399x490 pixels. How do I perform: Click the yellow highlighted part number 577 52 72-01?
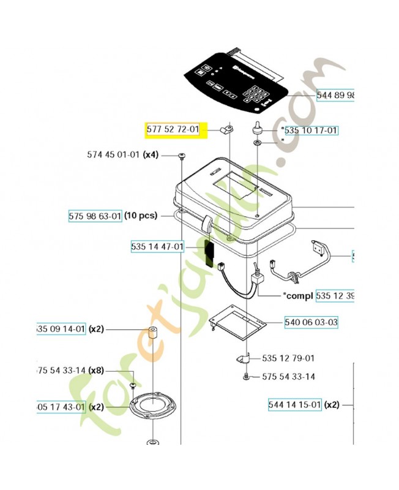[173, 130]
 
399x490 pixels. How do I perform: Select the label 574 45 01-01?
[114, 155]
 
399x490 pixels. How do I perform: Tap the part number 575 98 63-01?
[95, 216]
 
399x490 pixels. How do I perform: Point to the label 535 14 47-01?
[157, 247]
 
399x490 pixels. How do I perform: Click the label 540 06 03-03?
[311, 322]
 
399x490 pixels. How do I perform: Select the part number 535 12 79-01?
[288, 358]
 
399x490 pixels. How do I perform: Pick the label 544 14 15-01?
[294, 405]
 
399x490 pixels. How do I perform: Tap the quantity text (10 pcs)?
[141, 216]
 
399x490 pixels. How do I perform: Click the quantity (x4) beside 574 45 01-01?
[151, 155]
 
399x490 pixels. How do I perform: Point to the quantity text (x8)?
[97, 371]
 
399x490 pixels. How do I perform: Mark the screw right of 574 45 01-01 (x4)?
[182, 156]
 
